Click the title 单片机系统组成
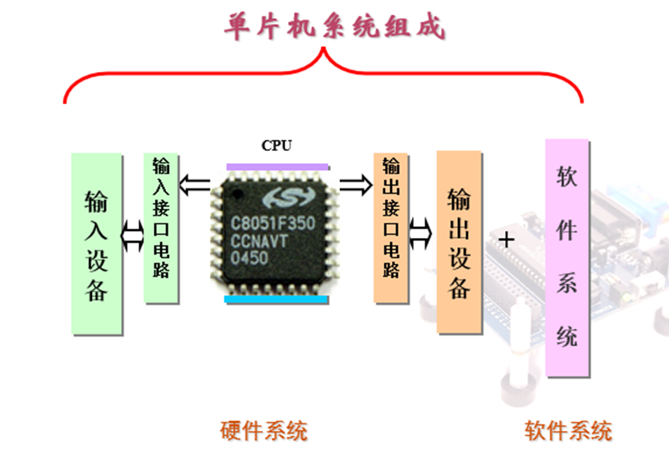334,27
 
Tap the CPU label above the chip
276,145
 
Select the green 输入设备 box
96,244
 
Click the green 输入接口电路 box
161,227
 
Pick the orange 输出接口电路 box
391,227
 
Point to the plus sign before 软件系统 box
508,240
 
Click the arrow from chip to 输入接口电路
194,183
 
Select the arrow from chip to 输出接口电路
356,183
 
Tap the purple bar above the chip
277,166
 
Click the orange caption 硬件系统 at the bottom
264,431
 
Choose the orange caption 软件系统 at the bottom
567,431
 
